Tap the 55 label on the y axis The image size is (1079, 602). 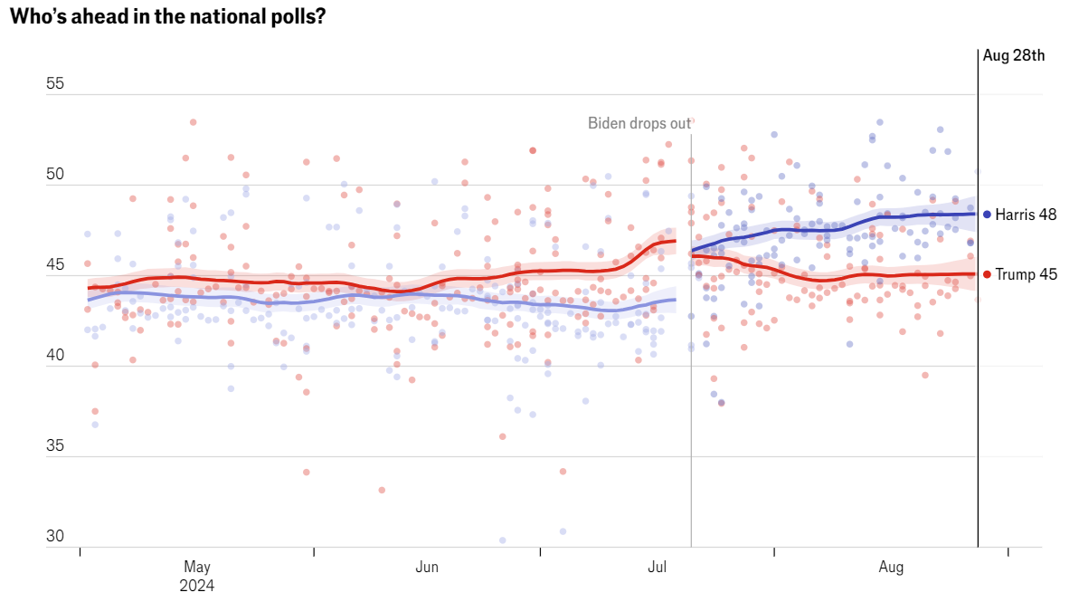55,83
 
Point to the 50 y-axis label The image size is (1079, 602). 55,174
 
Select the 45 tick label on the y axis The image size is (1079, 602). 55,265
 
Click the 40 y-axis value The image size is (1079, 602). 55,356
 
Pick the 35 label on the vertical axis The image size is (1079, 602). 55,445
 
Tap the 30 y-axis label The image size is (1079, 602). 55,536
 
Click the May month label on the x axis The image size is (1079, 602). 197,567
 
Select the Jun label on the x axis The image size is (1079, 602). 427,567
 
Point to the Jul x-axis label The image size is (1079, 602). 658,567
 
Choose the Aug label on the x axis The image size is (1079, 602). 891,567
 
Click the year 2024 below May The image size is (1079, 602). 197,585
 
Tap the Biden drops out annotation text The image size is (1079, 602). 639,122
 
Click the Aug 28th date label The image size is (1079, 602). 1013,55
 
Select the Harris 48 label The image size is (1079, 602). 1026,215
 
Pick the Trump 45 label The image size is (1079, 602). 1026,274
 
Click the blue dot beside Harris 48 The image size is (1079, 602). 987,215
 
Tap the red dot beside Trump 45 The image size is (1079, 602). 987,274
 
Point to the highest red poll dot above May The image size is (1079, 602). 193,122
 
